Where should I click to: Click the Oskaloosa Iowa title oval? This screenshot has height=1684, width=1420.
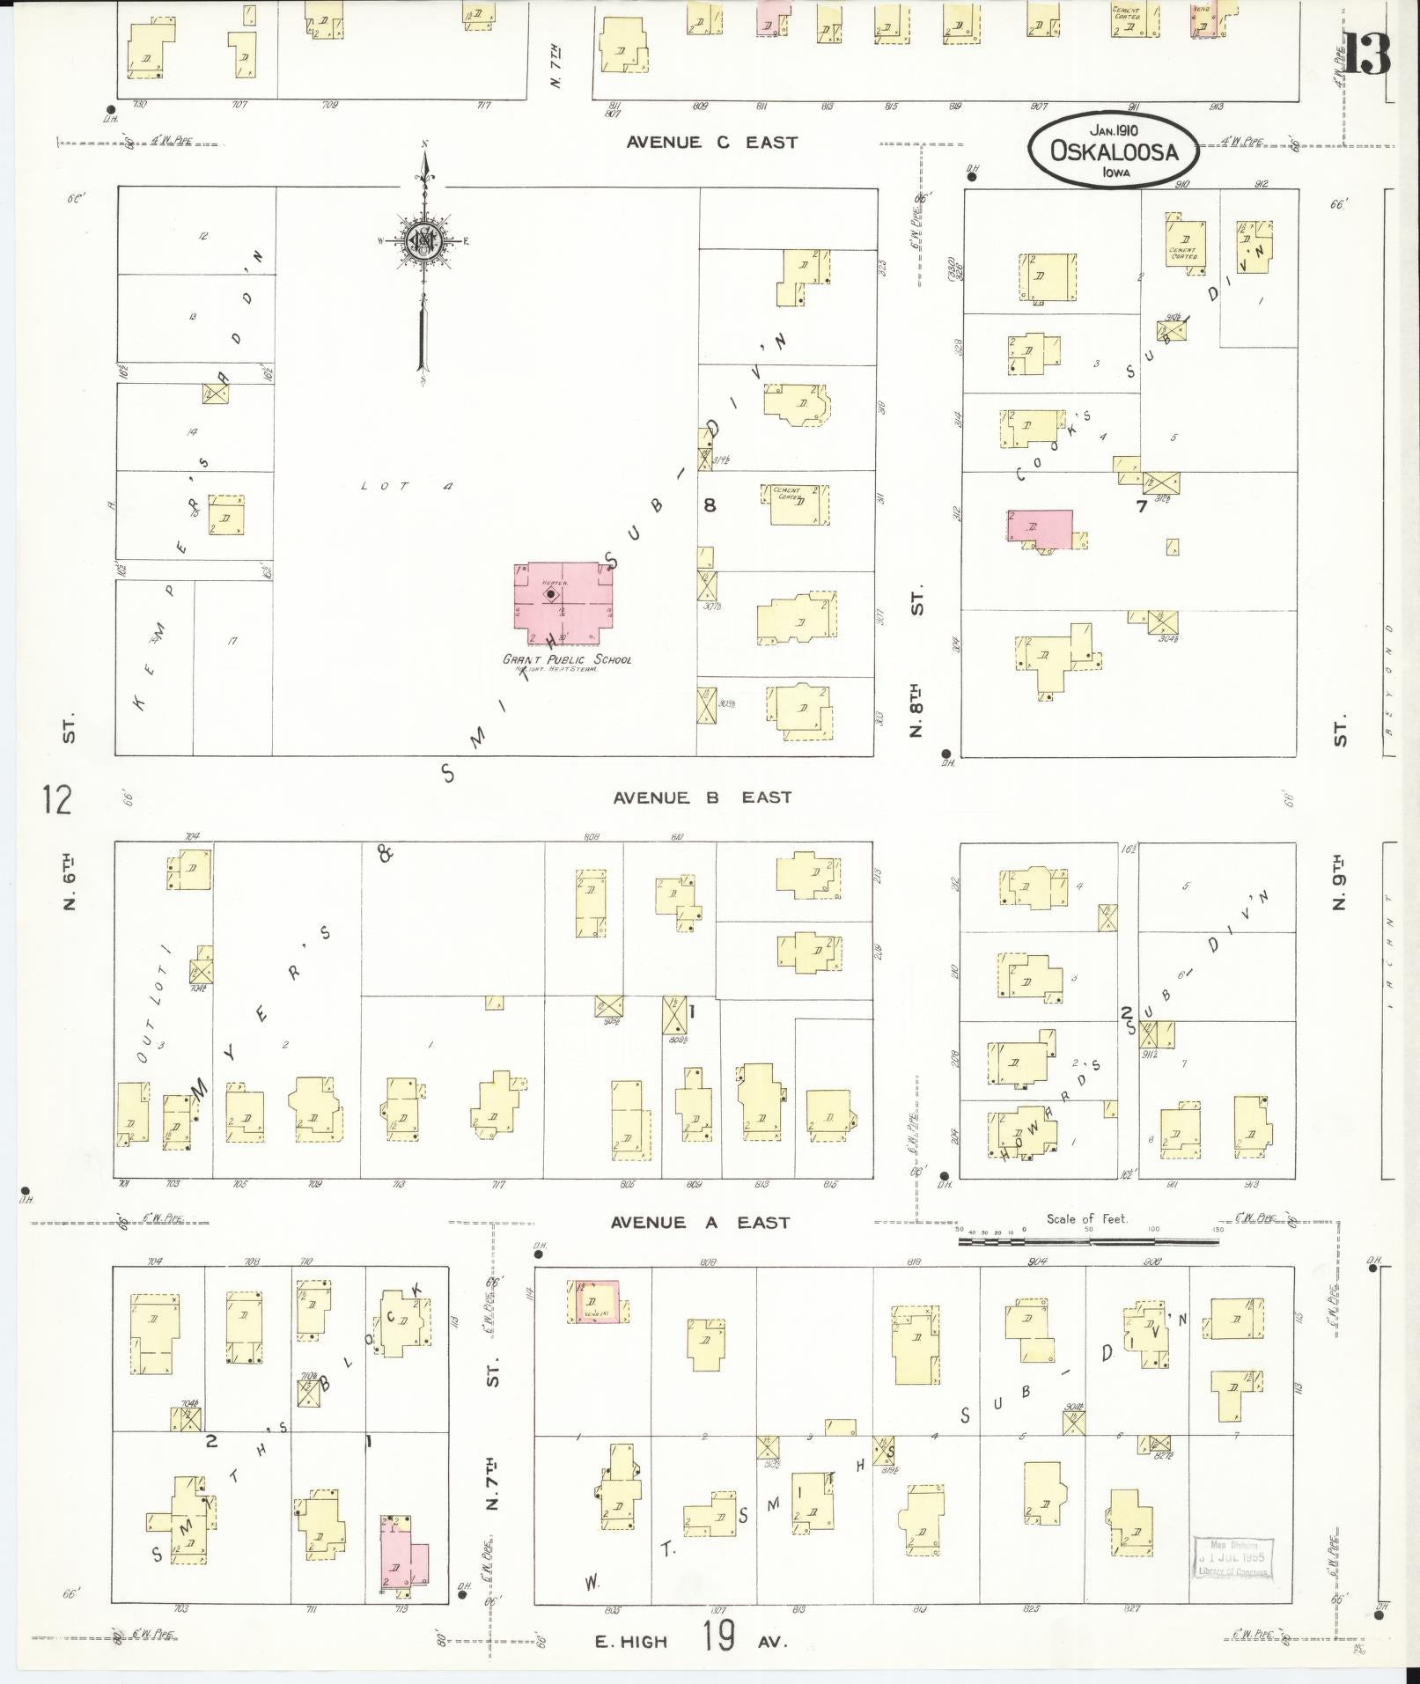[x=1113, y=150]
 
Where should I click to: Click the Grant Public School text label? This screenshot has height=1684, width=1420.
[x=567, y=659]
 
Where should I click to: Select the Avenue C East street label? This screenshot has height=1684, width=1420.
[x=711, y=142]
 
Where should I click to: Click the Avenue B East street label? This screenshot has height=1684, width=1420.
[x=702, y=798]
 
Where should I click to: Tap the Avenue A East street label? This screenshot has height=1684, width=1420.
[x=701, y=1222]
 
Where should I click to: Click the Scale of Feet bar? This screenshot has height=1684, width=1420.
[x=1088, y=1241]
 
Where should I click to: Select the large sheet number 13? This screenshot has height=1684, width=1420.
[x=1366, y=55]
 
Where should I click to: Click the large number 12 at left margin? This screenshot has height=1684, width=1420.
[x=55, y=800]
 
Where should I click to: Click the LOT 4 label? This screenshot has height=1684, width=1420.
[x=406, y=486]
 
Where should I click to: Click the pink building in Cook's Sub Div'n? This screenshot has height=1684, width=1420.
[x=1041, y=528]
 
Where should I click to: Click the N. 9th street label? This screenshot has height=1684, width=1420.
[x=1339, y=880]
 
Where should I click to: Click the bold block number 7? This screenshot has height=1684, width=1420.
[x=1142, y=506]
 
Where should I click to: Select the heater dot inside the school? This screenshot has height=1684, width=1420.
[x=551, y=594]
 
